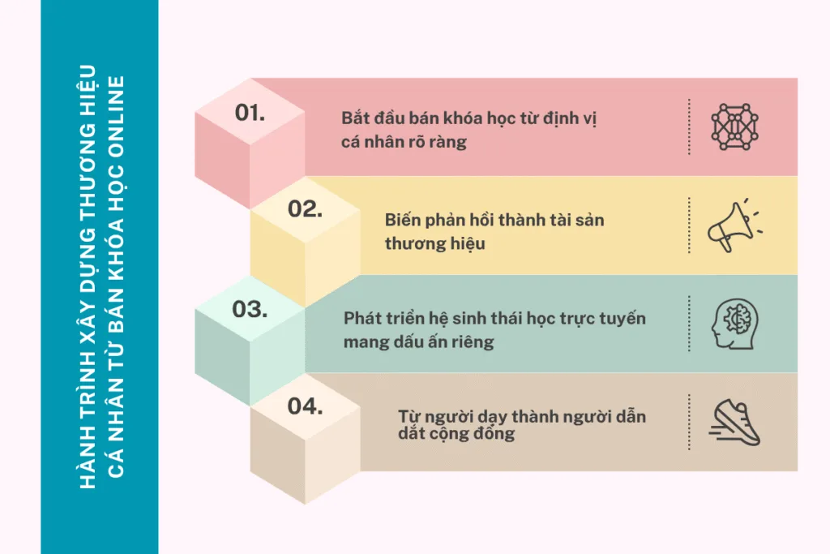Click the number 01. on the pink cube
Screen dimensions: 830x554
[250, 113]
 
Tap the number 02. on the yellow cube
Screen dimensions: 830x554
[305, 208]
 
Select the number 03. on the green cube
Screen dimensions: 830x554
[250, 309]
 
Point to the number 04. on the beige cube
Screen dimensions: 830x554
[305, 406]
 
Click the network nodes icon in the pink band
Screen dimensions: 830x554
[734, 127]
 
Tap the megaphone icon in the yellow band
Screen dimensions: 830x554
[735, 225]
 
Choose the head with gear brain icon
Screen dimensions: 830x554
[734, 324]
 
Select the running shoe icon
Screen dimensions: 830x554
[734, 422]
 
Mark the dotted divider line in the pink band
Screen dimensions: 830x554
[689, 127]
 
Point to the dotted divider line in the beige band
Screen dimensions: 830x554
[689, 422]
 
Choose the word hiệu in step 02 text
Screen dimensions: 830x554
[468, 243]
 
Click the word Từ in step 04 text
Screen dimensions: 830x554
[409, 416]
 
